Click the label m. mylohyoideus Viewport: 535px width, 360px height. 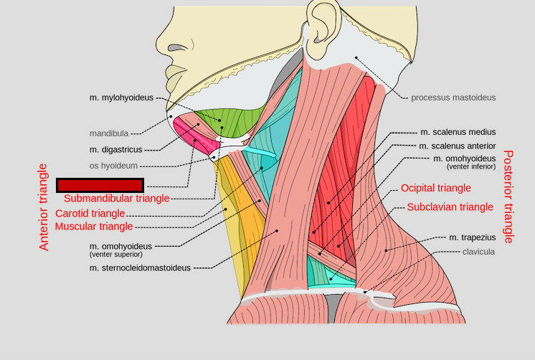[x=121, y=98]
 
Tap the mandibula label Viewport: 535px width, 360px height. [x=108, y=133]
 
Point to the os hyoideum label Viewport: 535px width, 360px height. [x=113, y=166]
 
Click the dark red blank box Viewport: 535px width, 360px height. [x=100, y=185]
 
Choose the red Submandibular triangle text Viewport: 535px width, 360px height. [x=116, y=199]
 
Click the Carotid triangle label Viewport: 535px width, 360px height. [x=95, y=214]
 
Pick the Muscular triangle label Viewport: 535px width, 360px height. [x=94, y=227]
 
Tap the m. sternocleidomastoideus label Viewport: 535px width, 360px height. [x=140, y=268]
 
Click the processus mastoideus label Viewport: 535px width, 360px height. [x=453, y=98]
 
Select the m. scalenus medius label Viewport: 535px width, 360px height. [x=458, y=132]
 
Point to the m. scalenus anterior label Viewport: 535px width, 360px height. [x=458, y=146]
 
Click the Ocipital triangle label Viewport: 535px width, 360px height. [x=436, y=188]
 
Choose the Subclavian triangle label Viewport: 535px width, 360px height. [x=450, y=207]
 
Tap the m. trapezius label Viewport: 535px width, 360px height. [x=473, y=237]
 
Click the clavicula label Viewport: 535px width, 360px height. [x=479, y=252]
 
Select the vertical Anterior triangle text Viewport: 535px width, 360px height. [x=44, y=207]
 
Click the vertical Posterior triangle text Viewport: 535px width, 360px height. [x=509, y=196]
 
